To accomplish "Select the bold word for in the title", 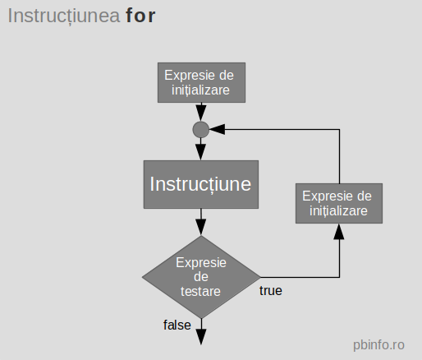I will pyautogui.click(x=141, y=16).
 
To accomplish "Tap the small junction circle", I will pyautogui.click(x=200, y=129).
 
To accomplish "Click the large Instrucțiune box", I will pyautogui.click(x=200, y=184).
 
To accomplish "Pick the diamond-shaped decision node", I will pyautogui.click(x=200, y=277).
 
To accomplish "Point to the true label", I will pyautogui.click(x=272, y=290).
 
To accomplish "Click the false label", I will pyautogui.click(x=177, y=325).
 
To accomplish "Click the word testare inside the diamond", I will pyautogui.click(x=200, y=291).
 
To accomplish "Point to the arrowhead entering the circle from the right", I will pyautogui.click(x=217, y=129).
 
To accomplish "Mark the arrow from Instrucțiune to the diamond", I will pyautogui.click(x=200, y=221).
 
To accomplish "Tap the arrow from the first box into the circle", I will pyautogui.click(x=200, y=112).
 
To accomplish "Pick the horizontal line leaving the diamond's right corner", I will pyautogui.click(x=299, y=276).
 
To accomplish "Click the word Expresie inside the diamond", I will pyautogui.click(x=200, y=262).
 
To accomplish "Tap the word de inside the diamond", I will pyautogui.click(x=200, y=277).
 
